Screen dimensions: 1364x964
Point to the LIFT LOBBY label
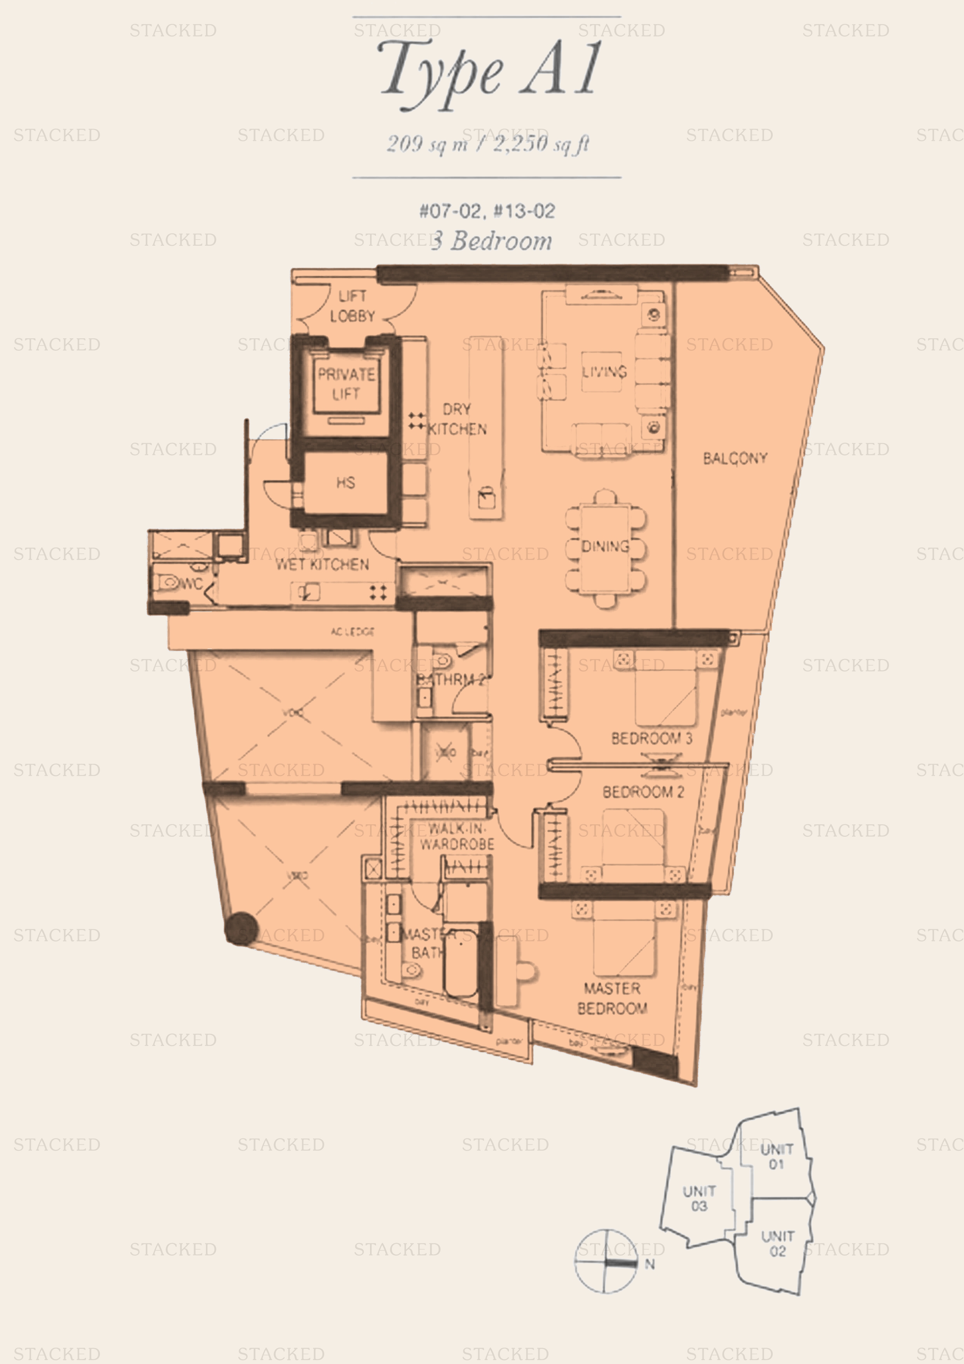coord(352,306)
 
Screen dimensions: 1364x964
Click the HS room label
coord(346,483)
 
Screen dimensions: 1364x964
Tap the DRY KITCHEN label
coord(457,419)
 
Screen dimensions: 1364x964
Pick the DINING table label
coord(605,546)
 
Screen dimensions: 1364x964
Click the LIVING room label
coord(604,372)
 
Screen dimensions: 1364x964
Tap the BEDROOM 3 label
coord(651,738)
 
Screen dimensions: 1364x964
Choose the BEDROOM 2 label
coord(643,792)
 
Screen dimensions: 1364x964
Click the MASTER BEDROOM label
coord(612,998)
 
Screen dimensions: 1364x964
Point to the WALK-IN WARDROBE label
coord(457,836)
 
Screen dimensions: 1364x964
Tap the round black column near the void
coord(241,929)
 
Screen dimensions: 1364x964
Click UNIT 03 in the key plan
coord(699,1198)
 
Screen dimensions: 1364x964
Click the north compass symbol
coord(606,1261)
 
